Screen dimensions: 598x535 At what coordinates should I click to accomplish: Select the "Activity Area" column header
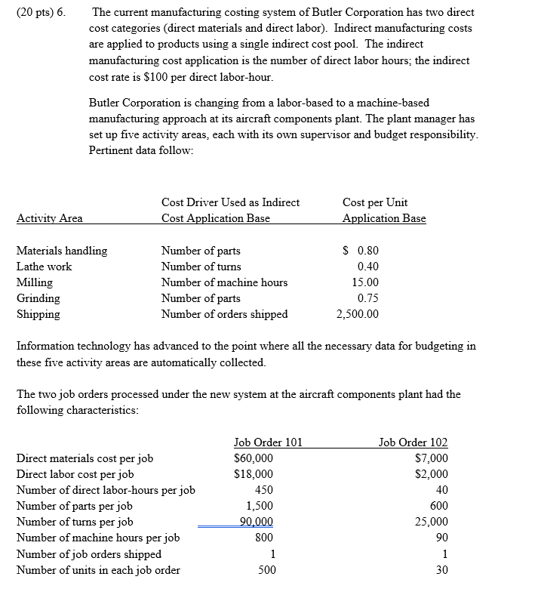click(50, 218)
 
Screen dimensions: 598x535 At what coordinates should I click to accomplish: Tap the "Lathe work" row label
click(45, 267)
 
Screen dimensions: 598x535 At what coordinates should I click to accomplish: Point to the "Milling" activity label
click(35, 282)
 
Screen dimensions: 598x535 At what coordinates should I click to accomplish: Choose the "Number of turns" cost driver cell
click(201, 267)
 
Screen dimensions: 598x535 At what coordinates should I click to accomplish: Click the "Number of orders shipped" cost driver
click(224, 314)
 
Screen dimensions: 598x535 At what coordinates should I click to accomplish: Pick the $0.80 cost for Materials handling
click(361, 251)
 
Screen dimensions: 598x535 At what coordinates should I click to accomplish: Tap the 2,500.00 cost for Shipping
click(358, 314)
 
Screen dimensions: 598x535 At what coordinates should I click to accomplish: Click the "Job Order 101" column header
click(268, 442)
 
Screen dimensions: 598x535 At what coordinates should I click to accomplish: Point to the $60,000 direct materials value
click(254, 458)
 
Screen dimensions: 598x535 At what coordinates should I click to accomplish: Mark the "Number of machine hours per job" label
click(98, 538)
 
